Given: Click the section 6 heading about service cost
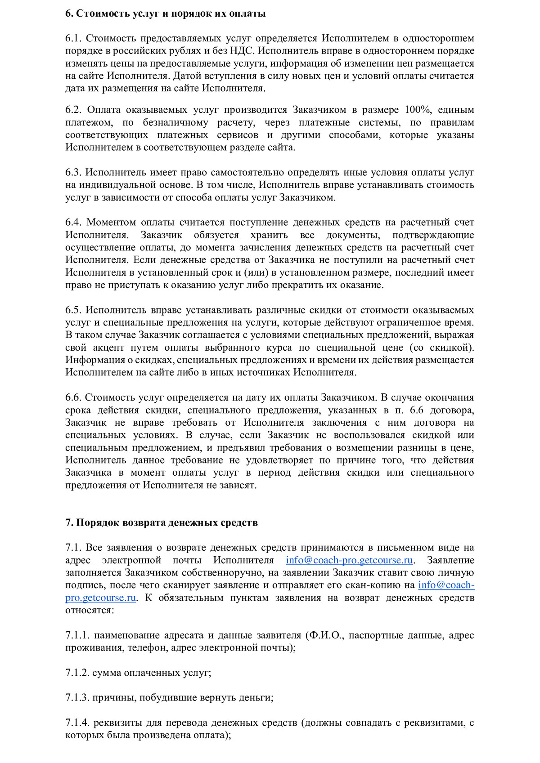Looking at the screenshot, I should [165, 13].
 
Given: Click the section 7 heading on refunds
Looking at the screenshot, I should [162, 522].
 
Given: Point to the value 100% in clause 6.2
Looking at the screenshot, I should [418, 110].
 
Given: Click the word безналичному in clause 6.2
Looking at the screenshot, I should [175, 123].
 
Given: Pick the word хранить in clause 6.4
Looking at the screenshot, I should [269, 235].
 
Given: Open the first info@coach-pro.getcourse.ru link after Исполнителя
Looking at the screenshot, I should [349, 560].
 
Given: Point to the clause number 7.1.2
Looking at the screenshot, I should [77, 673].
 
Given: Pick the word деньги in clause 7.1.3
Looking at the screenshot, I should [256, 698].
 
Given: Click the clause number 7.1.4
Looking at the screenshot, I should [77, 723].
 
